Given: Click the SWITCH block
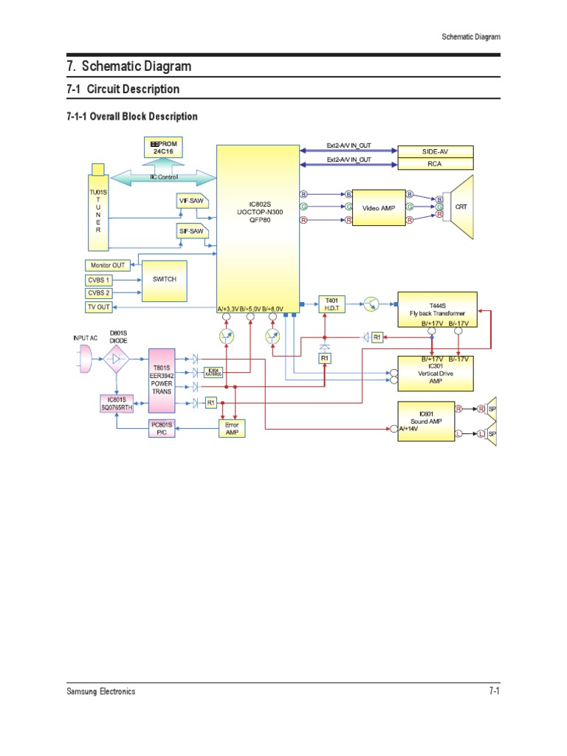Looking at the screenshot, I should (x=164, y=280).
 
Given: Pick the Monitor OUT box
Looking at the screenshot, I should (x=108, y=266).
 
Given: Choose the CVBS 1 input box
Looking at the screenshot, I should (x=99, y=280).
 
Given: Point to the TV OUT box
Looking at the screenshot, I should (x=99, y=306).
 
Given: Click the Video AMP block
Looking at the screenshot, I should (x=379, y=208).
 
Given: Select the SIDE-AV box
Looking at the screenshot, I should (x=435, y=151).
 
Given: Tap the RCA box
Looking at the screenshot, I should (x=435, y=165).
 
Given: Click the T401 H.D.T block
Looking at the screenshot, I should (x=330, y=303).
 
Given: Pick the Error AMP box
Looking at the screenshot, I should (x=232, y=430).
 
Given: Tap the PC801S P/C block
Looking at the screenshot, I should (x=162, y=429).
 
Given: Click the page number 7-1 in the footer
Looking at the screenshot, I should (x=494, y=691).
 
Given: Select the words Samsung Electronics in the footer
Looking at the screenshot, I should (x=100, y=692).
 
